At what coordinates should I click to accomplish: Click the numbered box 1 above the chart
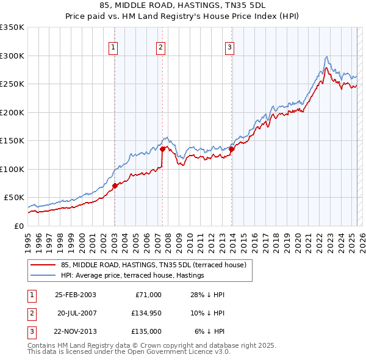point(114,48)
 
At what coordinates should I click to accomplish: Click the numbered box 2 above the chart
point(160,48)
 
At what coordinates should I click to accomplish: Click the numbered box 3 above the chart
point(230,48)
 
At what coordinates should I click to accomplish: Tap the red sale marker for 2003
point(115,185)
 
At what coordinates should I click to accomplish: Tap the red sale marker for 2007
point(162,149)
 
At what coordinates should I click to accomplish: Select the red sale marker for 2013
point(232,149)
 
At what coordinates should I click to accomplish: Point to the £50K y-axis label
point(13,198)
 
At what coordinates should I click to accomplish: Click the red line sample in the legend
point(44,265)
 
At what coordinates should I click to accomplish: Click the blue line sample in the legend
point(44,275)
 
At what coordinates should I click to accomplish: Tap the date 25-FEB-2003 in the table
point(76,295)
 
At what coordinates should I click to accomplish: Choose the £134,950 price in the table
point(144,313)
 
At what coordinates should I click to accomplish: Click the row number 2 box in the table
point(30,313)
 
